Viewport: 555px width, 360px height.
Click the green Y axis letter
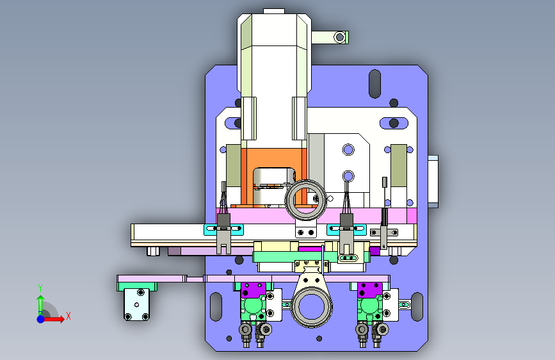[x=40, y=288]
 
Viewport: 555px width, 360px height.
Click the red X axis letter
[x=68, y=316]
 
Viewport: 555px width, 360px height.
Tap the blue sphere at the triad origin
[x=41, y=319]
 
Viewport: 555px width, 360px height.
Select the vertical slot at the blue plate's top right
[x=375, y=84]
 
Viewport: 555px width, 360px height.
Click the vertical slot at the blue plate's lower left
[x=216, y=307]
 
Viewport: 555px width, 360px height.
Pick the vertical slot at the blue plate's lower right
[x=417, y=307]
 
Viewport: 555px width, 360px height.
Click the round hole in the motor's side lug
[x=340, y=37]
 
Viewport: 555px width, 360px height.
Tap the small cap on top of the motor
[x=273, y=11]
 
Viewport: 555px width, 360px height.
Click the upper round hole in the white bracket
[x=348, y=149]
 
